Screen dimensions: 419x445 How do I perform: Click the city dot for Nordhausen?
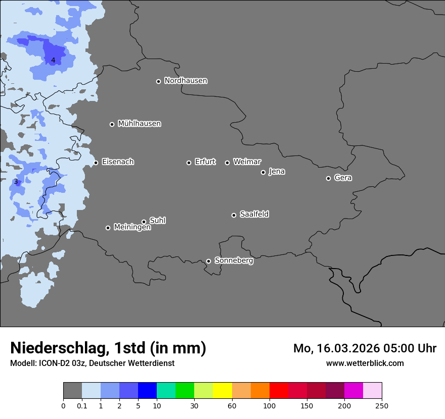pyautogui.click(x=158, y=81)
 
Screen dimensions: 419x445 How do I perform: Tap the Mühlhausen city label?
pyautogui.click(x=139, y=124)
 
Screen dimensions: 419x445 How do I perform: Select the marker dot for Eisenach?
pyautogui.click(x=96, y=163)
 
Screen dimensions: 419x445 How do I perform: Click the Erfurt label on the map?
pyautogui.click(x=205, y=162)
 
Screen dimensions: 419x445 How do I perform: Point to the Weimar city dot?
pyautogui.click(x=227, y=163)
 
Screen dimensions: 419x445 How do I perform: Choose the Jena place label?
pyautogui.click(x=277, y=172)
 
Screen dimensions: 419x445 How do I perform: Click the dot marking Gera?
pyautogui.click(x=328, y=178)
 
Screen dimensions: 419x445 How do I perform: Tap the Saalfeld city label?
pyautogui.click(x=254, y=215)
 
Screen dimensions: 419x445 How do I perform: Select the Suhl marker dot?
pyautogui.click(x=144, y=222)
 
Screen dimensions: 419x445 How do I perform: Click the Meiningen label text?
pyautogui.click(x=132, y=228)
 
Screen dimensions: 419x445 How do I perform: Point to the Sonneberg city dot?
pyautogui.click(x=208, y=261)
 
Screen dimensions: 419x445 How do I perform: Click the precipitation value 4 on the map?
pyautogui.click(x=53, y=61)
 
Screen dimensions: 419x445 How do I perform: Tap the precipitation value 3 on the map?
pyautogui.click(x=16, y=182)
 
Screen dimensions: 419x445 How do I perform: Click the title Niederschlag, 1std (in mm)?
pyautogui.click(x=108, y=348)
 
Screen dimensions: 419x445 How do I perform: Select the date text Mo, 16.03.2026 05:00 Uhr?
pyautogui.click(x=365, y=348)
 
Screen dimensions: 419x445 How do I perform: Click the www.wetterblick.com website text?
pyautogui.click(x=365, y=363)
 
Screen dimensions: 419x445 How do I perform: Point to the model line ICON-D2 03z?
pyautogui.click(x=92, y=363)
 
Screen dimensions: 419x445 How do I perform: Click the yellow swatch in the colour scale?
pyautogui.click(x=223, y=391)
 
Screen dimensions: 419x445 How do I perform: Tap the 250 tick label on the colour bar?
pyautogui.click(x=381, y=405)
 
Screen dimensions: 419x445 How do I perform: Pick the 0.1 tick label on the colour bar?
pyautogui.click(x=81, y=405)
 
